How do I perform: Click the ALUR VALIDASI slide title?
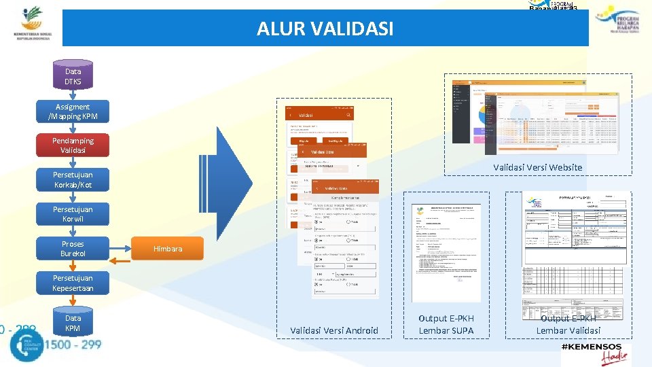point(325,29)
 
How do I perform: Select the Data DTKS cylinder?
point(73,76)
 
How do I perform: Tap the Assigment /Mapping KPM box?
point(73,111)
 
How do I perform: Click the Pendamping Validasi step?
point(73,145)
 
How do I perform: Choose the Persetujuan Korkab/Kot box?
point(73,179)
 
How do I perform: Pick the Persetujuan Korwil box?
point(73,214)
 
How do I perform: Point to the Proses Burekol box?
point(73,249)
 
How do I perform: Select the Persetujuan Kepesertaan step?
point(73,283)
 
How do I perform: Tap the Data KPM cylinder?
point(73,323)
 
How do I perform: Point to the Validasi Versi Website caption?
point(537,167)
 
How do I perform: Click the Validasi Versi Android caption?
point(334,331)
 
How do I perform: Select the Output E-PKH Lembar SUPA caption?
point(446,324)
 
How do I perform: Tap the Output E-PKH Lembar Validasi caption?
point(568,324)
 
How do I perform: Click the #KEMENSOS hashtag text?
point(587,347)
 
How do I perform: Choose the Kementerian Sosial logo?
point(31,24)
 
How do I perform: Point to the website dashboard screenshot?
point(535,112)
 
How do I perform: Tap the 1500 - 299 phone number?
point(73,345)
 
